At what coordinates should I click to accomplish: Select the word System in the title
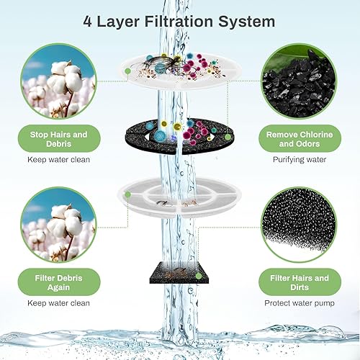247,22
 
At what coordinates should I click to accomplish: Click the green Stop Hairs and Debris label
59,138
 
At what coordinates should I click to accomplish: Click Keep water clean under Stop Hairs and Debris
59,159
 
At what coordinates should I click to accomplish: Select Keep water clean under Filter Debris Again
59,304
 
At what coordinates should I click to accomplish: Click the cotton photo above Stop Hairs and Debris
59,81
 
